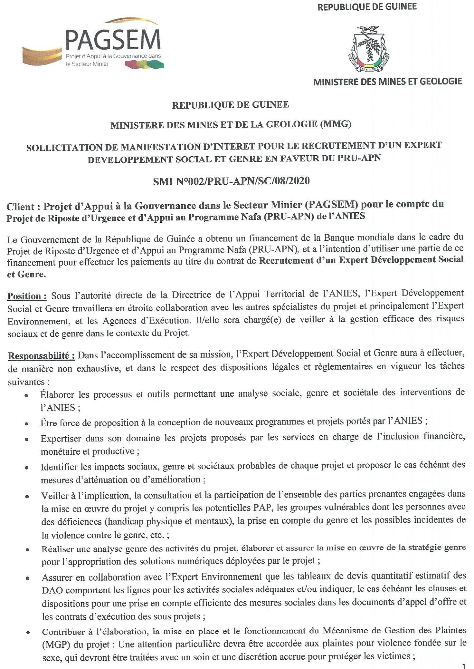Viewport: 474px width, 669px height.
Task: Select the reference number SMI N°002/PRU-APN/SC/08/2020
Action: pos(232,181)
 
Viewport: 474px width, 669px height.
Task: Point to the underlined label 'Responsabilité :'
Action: pos(41,356)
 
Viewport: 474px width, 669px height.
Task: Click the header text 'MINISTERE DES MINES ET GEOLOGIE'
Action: pos(387,82)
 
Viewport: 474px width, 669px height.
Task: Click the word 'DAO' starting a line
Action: pos(51,590)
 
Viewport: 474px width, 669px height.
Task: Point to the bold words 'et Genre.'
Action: pos(26,275)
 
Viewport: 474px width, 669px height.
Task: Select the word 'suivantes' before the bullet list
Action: pos(26,383)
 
